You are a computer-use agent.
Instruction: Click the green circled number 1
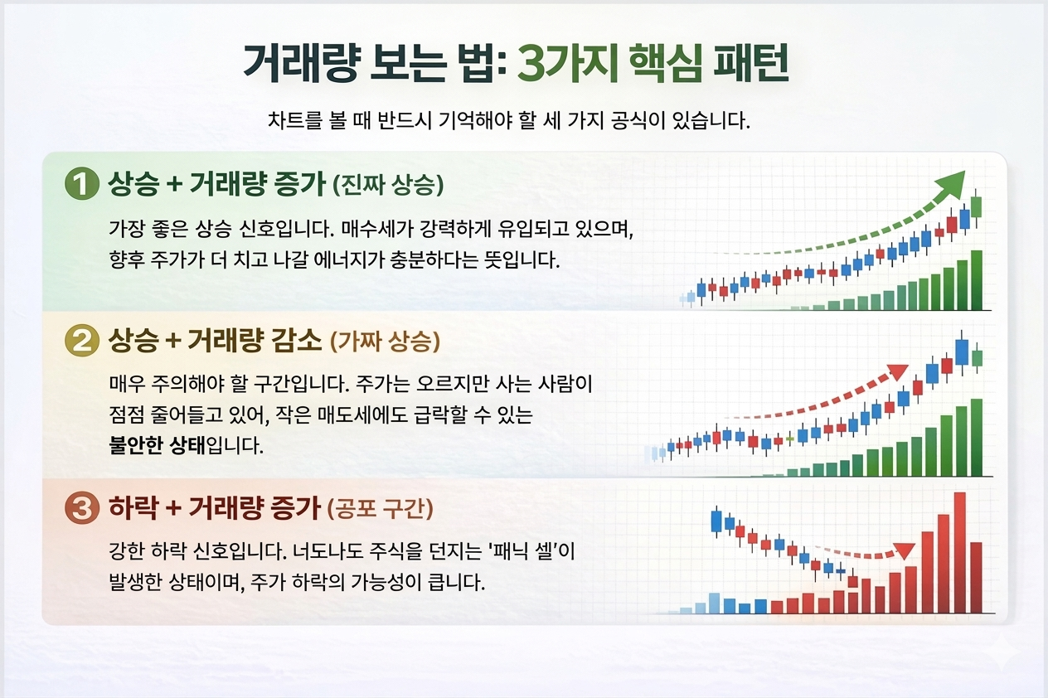80,184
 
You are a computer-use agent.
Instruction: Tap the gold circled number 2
80,342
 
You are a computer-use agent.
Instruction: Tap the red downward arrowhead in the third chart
905,551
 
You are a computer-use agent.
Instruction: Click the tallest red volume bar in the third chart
960,552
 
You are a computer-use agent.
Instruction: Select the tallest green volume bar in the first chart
977,279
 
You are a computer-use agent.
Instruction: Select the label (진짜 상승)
388,186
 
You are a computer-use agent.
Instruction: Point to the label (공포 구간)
381,508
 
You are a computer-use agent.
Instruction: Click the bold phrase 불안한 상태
157,445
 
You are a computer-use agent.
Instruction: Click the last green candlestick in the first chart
976,206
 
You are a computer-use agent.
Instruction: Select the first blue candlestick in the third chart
717,521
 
